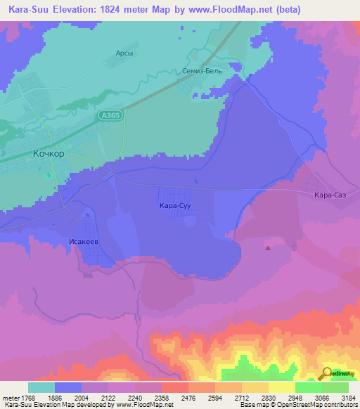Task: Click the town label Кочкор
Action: tap(49, 152)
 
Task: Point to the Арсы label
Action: tap(124, 53)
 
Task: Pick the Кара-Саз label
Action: tap(329, 195)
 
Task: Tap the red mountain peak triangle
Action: tap(267, 247)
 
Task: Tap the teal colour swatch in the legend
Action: tap(41, 387)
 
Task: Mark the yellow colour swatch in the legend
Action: tap(281, 387)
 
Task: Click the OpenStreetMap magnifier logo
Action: tap(326, 373)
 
